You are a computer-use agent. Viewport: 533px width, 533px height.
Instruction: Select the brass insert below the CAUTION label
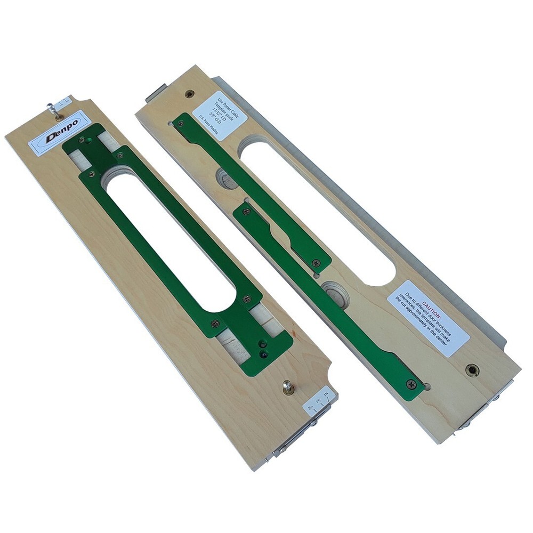[471, 369]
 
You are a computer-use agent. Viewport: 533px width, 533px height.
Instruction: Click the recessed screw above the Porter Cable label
[189, 94]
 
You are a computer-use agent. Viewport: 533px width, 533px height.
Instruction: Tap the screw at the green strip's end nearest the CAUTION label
[412, 383]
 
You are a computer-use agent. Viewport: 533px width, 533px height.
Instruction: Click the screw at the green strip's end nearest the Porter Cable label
[181, 123]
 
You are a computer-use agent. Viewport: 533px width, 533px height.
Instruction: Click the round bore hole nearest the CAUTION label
[336, 293]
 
